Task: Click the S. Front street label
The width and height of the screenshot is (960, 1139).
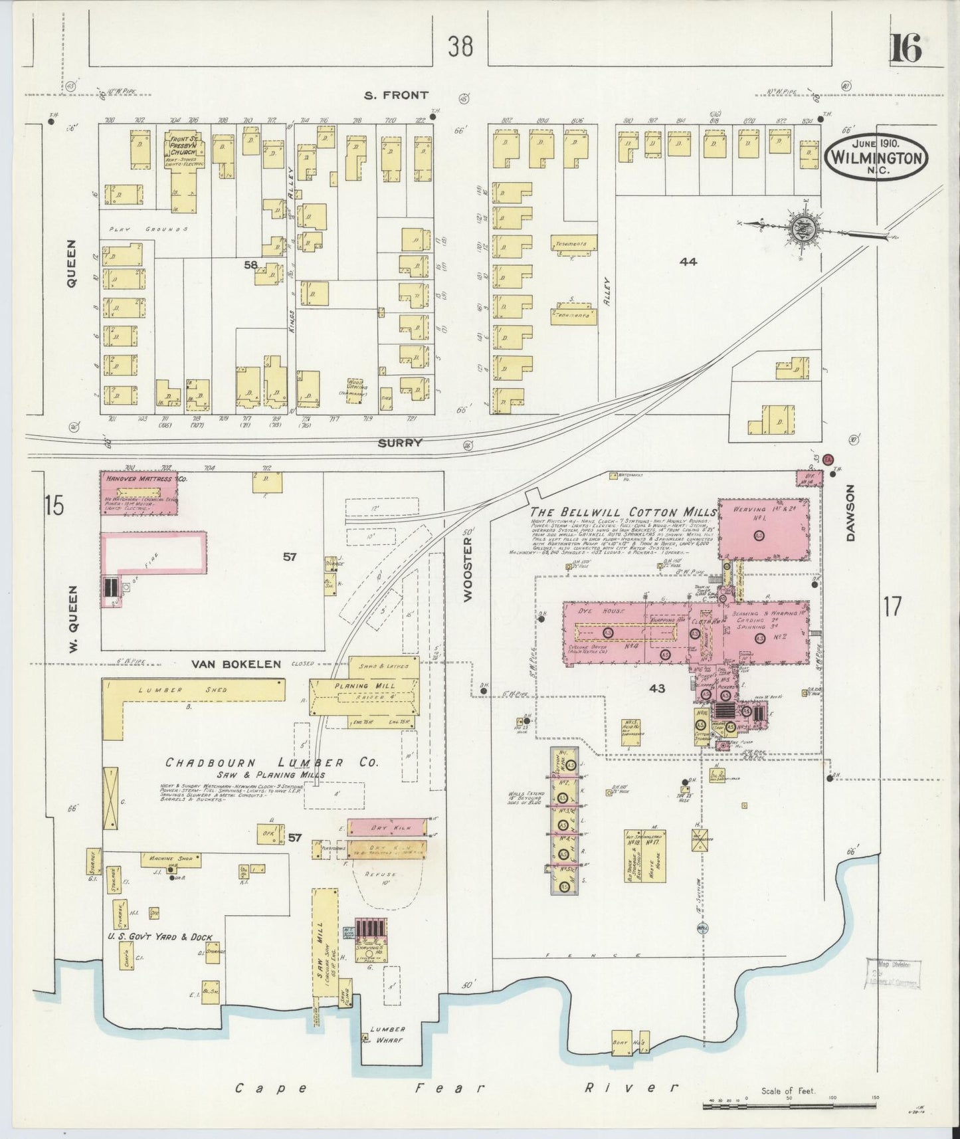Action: (x=396, y=96)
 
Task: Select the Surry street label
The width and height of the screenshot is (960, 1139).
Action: (x=401, y=443)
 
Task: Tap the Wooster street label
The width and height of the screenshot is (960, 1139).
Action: (x=467, y=569)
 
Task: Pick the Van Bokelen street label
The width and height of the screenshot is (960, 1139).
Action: (x=236, y=663)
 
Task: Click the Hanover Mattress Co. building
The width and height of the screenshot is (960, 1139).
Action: (x=139, y=492)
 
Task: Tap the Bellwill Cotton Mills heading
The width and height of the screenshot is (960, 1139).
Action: (x=623, y=512)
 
